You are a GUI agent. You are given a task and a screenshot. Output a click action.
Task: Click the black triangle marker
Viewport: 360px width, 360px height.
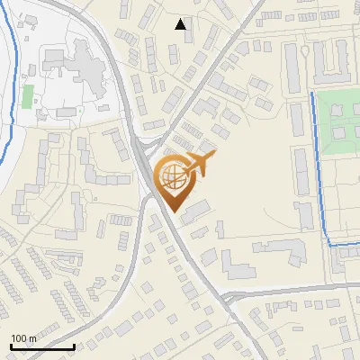[x=181, y=25]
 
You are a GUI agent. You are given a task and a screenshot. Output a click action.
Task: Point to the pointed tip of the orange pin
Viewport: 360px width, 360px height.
[x=173, y=211]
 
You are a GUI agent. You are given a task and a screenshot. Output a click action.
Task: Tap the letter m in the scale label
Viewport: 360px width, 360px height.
[x=33, y=337]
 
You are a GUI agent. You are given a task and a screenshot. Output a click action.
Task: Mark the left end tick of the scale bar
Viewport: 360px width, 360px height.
[x=11, y=345]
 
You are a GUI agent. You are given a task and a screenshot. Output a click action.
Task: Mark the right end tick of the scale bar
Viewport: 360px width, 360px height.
[x=74, y=345]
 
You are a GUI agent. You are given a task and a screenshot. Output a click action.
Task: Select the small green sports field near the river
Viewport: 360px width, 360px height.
[x=27, y=95]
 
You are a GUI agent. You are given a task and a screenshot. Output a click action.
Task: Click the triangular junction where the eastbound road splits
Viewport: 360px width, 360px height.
[x=228, y=298]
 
